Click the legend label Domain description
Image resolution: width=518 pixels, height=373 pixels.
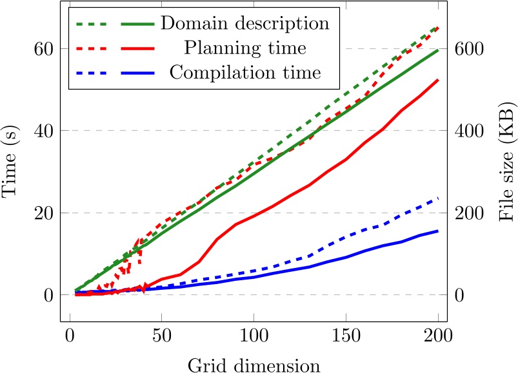coord(245,24)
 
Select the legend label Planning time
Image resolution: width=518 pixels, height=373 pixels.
coord(245,48)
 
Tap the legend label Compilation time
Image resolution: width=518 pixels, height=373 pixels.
coord(245,72)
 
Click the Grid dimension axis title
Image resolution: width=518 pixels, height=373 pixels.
coord(254,365)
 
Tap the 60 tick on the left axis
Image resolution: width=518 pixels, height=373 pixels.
coord(44,49)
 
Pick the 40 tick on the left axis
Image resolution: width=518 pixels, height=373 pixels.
coord(44,131)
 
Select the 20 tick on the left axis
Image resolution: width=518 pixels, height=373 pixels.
coord(44,213)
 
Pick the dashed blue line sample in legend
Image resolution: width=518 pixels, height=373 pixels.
coord(94,72)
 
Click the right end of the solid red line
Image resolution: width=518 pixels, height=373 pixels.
coord(439,80)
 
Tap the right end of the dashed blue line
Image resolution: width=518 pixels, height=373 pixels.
coord(439,198)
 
